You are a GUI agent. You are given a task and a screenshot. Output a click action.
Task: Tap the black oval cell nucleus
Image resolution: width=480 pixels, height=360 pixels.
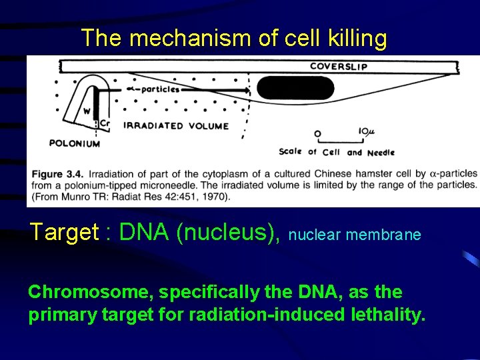click(295, 88)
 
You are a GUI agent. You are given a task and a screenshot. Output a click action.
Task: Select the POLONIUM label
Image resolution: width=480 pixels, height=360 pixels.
click(75, 143)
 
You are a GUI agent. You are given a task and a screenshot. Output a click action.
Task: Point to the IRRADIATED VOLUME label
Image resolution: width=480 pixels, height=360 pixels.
click(176, 125)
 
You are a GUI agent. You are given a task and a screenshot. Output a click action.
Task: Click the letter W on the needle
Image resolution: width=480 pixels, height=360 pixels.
click(87, 111)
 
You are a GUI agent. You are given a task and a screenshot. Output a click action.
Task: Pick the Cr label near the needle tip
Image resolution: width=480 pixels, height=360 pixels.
click(105, 123)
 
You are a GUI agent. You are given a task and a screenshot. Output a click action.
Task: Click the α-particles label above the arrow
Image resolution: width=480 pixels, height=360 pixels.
click(153, 89)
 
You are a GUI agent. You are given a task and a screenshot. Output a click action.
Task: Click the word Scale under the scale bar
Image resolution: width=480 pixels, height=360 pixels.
click(290, 151)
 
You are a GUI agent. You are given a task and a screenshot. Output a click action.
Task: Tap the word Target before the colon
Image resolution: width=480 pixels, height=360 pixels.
click(63, 232)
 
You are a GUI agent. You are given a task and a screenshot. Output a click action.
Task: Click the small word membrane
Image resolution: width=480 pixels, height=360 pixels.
click(389, 235)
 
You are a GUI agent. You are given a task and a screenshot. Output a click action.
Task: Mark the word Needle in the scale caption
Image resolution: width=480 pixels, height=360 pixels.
click(381, 152)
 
